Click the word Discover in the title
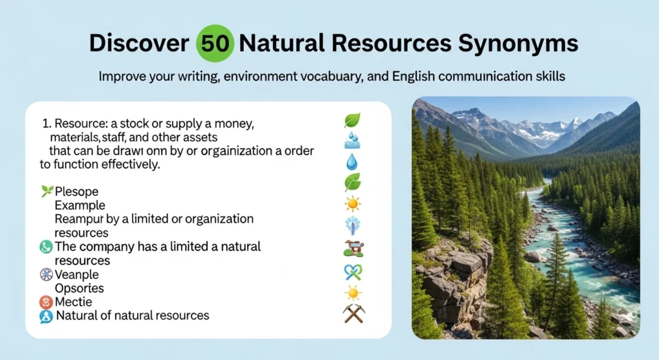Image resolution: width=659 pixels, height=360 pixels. click(x=138, y=44)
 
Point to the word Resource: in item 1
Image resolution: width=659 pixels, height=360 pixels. click(x=82, y=122)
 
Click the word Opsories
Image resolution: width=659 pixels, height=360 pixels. click(x=79, y=288)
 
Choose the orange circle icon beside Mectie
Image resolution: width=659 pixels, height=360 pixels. click(x=46, y=301)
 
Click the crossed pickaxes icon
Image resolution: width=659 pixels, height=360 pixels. click(x=353, y=313)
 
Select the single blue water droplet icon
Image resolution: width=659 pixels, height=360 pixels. click(x=351, y=161)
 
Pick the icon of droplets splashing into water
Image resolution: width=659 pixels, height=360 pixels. click(x=352, y=140)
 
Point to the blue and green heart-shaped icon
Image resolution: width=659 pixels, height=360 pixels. click(x=353, y=272)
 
